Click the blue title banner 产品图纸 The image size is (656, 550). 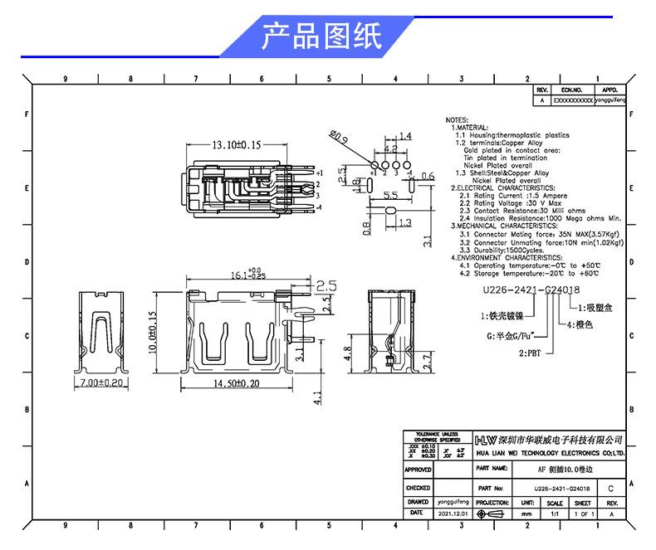click(321, 37)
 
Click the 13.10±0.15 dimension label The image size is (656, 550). click(236, 144)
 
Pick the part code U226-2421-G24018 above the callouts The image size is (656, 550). click(531, 290)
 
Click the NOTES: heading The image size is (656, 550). click(458, 119)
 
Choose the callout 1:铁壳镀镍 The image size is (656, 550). click(502, 316)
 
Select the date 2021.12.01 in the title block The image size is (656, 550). click(453, 514)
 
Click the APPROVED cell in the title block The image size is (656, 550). click(418, 470)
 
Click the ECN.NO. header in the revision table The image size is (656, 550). click(572, 90)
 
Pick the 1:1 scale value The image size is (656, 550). click(555, 514)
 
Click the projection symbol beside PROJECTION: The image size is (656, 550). click(492, 514)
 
